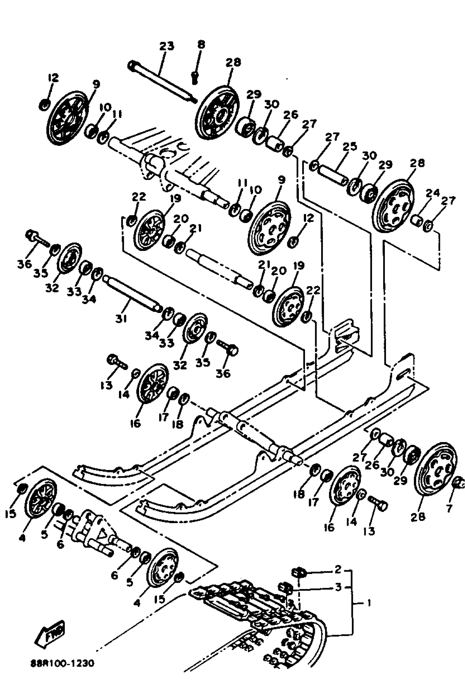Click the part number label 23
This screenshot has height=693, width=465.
tap(167, 46)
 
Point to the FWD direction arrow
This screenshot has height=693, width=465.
tap(50, 633)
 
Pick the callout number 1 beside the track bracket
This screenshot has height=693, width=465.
tap(369, 603)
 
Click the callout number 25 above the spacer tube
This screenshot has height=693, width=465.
tap(350, 147)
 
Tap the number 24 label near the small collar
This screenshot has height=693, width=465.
tap(432, 193)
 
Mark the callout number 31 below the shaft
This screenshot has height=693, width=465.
tap(121, 319)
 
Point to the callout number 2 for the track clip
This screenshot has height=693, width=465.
tap(338, 569)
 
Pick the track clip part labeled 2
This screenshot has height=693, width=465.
tap(300, 571)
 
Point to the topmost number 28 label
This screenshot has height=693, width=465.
tap(233, 62)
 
